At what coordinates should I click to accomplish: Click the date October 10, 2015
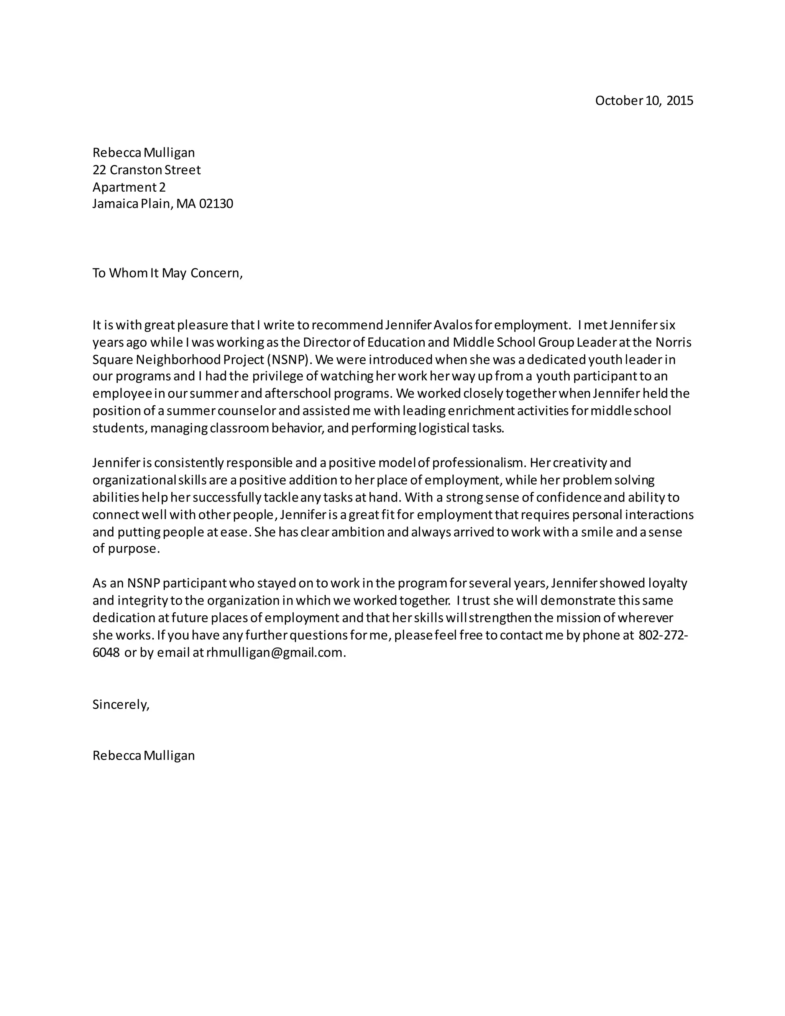[644, 100]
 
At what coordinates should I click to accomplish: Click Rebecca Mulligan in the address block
[143, 153]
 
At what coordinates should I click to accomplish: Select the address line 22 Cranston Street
[146, 170]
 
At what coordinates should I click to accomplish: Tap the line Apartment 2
[129, 187]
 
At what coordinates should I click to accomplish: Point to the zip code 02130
[216, 204]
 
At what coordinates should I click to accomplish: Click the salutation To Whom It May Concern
[167, 273]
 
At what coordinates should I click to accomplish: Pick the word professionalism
[478, 463]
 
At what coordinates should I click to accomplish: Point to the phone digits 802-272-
[663, 635]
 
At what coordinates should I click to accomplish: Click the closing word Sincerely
[120, 704]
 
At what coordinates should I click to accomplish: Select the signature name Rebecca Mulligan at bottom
[143, 756]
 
